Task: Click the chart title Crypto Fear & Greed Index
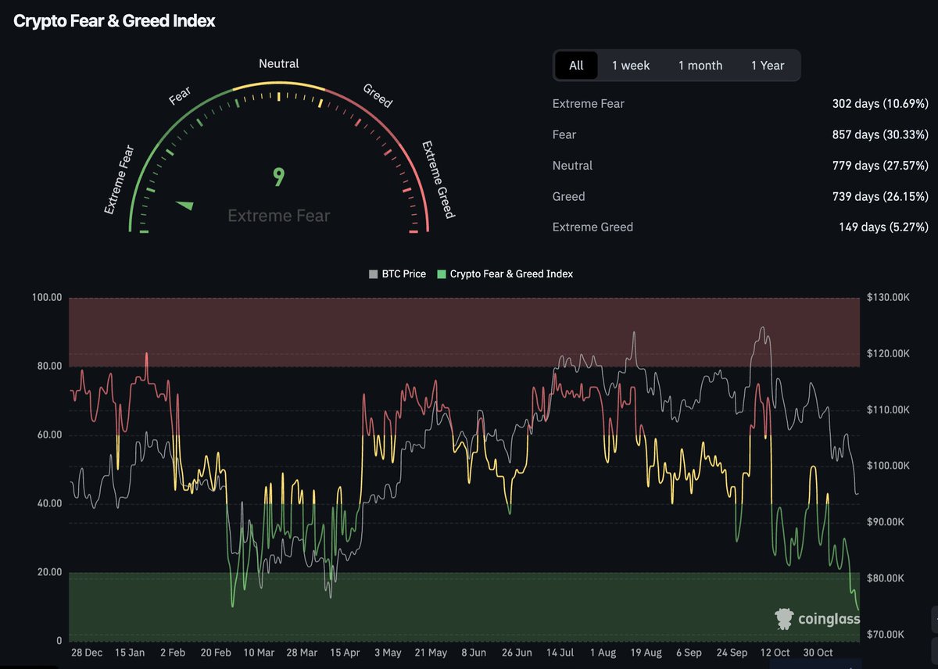pyautogui.click(x=114, y=21)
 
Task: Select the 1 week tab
pyautogui.click(x=631, y=66)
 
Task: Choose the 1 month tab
pyautogui.click(x=700, y=66)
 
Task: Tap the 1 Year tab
pyautogui.click(x=768, y=66)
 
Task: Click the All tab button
pyautogui.click(x=576, y=66)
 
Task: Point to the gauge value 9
pyautogui.click(x=278, y=177)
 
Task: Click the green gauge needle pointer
pyautogui.click(x=185, y=206)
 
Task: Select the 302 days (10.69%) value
pyautogui.click(x=880, y=104)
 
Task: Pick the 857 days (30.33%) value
pyautogui.click(x=880, y=134)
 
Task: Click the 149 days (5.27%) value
pyautogui.click(x=883, y=227)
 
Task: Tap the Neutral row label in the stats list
pyautogui.click(x=572, y=166)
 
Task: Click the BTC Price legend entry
pyautogui.click(x=398, y=274)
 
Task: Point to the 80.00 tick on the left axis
pyautogui.click(x=46, y=367)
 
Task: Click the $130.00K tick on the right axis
pyautogui.click(x=888, y=298)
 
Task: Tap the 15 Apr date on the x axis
pyautogui.click(x=345, y=653)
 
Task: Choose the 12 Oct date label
pyautogui.click(x=775, y=653)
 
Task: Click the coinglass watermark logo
pyautogui.click(x=817, y=620)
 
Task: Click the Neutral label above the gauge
pyautogui.click(x=279, y=64)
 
